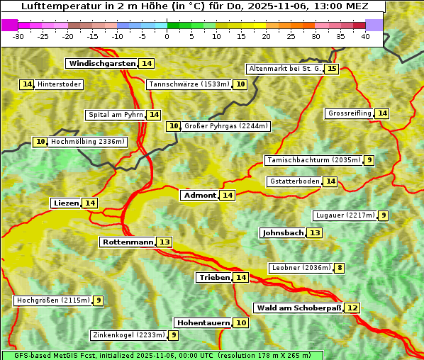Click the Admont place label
point(199,195)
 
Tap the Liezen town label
point(66,203)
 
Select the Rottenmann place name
point(128,242)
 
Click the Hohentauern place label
point(203,322)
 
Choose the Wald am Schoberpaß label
point(299,308)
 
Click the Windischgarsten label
point(101,63)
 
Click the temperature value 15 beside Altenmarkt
point(332,69)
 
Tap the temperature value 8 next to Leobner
point(340,268)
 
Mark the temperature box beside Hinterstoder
point(27,84)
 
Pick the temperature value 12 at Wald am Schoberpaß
point(352,308)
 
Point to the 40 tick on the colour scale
point(365,35)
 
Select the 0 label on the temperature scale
point(167,35)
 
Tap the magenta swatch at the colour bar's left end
point(9,24)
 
